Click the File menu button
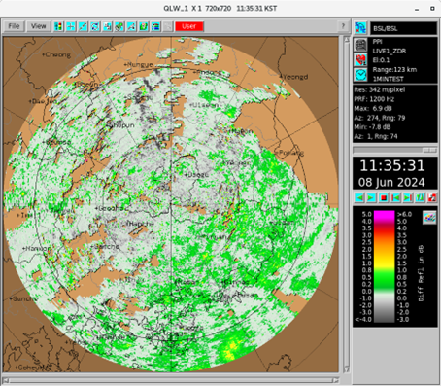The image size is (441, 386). point(17,26)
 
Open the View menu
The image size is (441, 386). point(39,26)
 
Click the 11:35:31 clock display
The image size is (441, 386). point(394,163)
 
